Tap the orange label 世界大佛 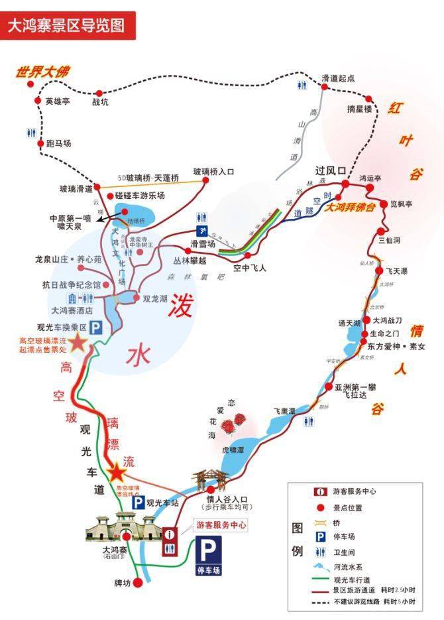(x=44, y=72)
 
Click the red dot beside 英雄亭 (x=36, y=101)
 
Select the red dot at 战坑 (x=99, y=93)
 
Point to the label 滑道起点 (x=337, y=78)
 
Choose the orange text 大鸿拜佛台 (x=352, y=207)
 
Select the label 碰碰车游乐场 (x=139, y=196)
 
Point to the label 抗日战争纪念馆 (x=69, y=284)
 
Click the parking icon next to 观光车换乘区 (x=96, y=327)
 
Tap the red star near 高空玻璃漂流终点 (x=117, y=472)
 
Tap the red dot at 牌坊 (x=138, y=582)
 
